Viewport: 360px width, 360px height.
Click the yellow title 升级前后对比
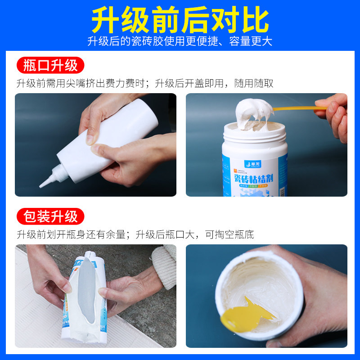coord(180,20)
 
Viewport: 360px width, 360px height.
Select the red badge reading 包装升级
coord(50,217)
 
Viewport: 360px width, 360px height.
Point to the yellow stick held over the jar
coord(297,108)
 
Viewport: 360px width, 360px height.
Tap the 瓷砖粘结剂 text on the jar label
coord(255,179)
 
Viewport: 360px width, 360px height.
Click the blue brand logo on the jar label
coord(250,164)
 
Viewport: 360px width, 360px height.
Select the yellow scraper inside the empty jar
coord(243,315)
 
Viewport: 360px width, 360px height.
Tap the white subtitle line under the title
coord(180,41)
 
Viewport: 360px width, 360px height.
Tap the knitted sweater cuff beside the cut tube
coord(163,265)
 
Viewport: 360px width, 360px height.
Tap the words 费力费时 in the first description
coord(130,83)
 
